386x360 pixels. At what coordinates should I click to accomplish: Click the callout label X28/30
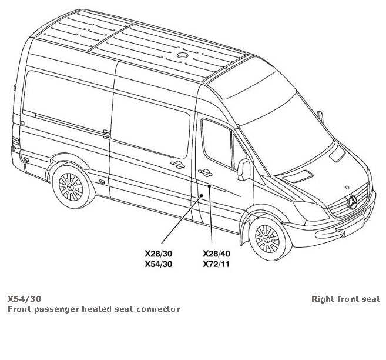[159, 253]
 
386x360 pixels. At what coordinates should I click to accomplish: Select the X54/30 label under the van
[159, 264]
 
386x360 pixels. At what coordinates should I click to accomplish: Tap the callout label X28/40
[216, 253]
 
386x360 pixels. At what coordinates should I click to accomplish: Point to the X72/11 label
[216, 264]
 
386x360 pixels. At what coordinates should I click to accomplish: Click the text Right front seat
[345, 299]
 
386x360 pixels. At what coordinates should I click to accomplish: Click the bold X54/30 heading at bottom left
[25, 299]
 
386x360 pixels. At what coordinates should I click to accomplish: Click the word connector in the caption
[159, 309]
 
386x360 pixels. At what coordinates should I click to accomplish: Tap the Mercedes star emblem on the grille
[353, 202]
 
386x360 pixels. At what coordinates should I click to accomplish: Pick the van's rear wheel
[72, 185]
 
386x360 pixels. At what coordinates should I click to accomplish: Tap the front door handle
[206, 171]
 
